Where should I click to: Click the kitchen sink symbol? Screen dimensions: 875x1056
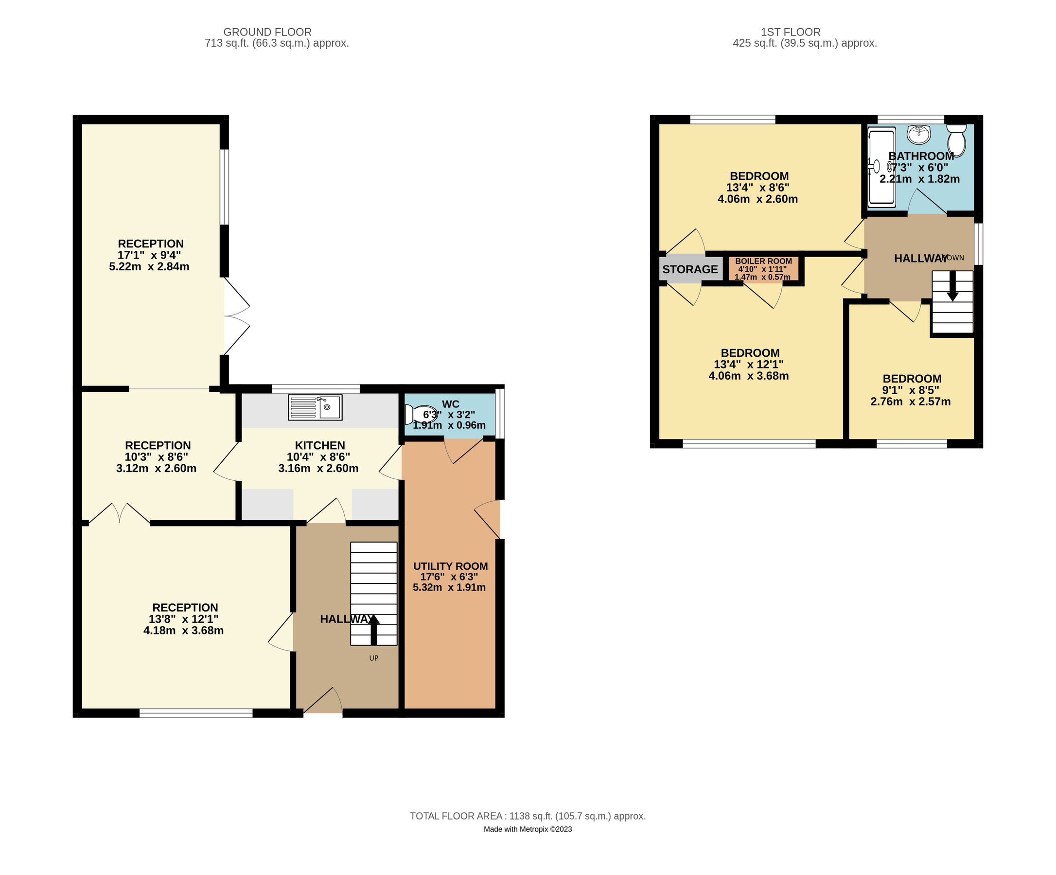(315, 407)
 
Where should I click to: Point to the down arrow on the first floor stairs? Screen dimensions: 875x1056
(952, 290)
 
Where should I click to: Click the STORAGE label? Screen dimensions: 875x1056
(690, 269)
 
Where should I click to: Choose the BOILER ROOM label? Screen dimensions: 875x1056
(763, 261)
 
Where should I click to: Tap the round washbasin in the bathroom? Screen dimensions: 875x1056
(919, 134)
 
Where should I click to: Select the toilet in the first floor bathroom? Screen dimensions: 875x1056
(956, 141)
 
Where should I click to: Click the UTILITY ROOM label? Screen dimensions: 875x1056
(450, 566)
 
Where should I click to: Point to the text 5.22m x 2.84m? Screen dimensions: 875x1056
(149, 266)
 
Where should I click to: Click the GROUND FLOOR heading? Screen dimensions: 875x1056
(267, 32)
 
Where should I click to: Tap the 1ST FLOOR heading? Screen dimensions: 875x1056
(791, 32)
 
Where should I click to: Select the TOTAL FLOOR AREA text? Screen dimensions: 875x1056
(528, 816)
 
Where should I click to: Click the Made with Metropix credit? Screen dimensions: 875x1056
(528, 829)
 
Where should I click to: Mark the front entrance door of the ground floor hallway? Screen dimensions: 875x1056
(323, 701)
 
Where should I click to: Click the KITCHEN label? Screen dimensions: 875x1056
(320, 446)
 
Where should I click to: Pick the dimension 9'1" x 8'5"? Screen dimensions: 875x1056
(911, 390)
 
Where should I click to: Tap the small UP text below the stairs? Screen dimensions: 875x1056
(373, 658)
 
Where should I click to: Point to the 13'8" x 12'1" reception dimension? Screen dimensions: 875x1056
(184, 619)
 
